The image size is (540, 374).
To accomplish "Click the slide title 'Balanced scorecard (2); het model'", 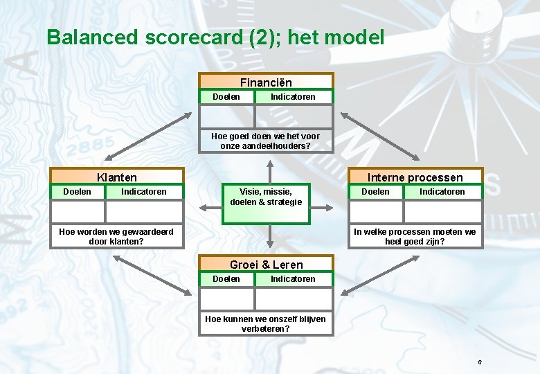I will (215, 37).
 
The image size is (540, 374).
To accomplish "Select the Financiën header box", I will (266, 82).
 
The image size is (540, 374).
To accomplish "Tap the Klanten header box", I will (117, 177).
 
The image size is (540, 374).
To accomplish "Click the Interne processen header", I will (415, 177).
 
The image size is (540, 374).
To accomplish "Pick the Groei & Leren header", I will (266, 264).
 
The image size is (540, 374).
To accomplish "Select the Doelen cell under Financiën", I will (226, 97).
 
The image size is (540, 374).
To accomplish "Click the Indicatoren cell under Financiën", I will (293, 97).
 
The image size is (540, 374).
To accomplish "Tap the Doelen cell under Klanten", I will (77, 192).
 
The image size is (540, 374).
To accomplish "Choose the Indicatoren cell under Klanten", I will (143, 192).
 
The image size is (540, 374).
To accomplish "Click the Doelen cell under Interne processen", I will (375, 192).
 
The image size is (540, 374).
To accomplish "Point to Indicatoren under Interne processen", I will (442, 192).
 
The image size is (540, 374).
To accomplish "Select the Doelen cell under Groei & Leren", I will (226, 279).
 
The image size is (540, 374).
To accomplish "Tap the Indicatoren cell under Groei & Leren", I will (293, 279).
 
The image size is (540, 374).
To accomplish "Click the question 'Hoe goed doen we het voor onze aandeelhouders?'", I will (266, 141).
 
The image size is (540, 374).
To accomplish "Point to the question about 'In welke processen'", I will (415, 236).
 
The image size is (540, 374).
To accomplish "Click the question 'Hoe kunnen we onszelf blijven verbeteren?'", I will (266, 323).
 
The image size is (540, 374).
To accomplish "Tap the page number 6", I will (479, 363).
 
